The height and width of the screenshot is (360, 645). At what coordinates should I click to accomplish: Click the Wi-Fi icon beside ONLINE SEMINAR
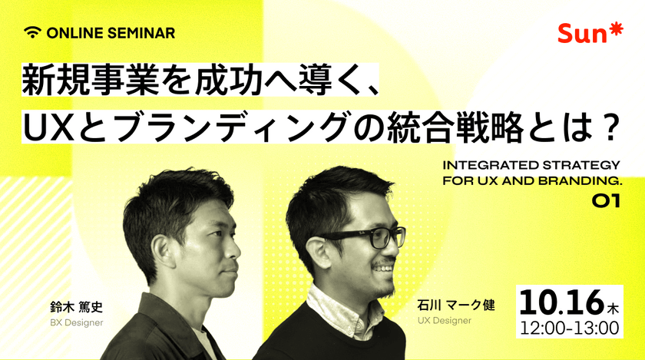pyautogui.click(x=31, y=32)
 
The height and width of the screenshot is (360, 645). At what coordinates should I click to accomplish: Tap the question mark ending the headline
pyautogui.click(x=610, y=127)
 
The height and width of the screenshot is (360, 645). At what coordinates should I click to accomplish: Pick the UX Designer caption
pyautogui.click(x=445, y=320)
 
